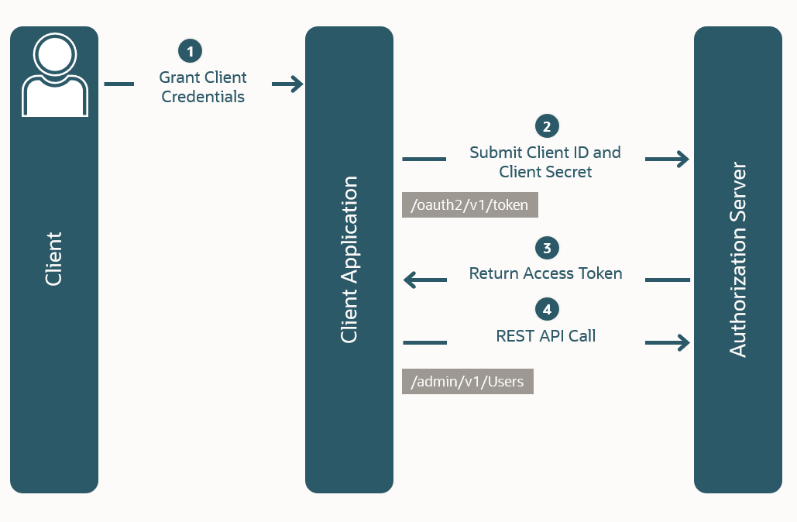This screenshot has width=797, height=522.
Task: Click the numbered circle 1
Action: point(190,51)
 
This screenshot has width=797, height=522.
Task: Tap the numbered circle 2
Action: point(547,125)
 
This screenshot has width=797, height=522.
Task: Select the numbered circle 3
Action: point(547,248)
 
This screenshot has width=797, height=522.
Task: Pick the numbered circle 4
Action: point(547,309)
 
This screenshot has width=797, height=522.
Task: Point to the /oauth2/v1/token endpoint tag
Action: point(469,205)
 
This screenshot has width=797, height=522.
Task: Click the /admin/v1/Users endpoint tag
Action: point(467,381)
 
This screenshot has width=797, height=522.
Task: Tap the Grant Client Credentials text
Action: point(203,87)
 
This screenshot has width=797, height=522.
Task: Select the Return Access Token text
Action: point(546,273)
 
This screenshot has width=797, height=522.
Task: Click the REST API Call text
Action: point(546,336)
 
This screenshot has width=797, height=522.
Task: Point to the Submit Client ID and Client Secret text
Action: point(545,162)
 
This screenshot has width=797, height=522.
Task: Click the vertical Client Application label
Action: point(349,259)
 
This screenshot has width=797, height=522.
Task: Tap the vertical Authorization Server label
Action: point(738,259)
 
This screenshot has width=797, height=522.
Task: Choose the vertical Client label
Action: point(53,259)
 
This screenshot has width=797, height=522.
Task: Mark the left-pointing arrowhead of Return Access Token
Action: point(411,280)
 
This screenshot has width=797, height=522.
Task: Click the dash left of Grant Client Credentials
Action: point(119,84)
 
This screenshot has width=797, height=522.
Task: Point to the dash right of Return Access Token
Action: point(667,280)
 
